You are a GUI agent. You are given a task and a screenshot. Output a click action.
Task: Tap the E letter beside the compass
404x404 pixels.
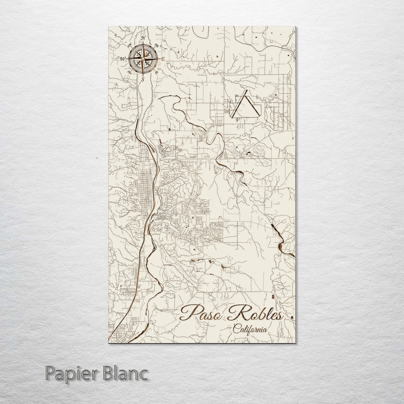(162, 59)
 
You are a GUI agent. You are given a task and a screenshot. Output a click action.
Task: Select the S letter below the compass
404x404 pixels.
(143, 79)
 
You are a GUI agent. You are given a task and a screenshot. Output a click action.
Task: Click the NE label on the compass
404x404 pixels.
(157, 45)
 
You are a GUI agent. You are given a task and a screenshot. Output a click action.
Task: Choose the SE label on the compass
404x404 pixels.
(157, 72)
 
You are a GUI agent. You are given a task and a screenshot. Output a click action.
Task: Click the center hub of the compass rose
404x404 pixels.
(143, 59)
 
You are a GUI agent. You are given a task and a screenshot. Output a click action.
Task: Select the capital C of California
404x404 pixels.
(237, 329)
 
